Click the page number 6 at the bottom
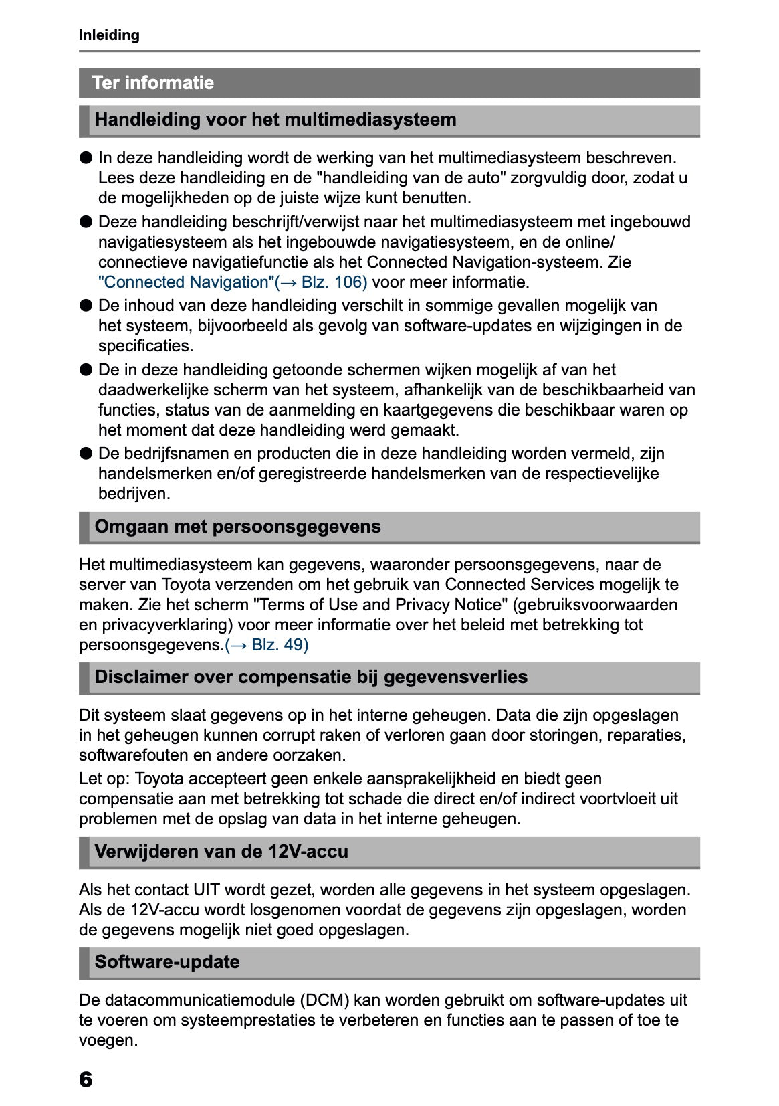[x=86, y=1079]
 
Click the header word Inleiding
[x=109, y=35]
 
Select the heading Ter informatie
[x=153, y=83]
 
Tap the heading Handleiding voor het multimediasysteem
[x=275, y=120]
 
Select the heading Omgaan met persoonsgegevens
[x=237, y=527]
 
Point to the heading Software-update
[x=167, y=962]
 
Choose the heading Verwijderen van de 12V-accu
[x=221, y=852]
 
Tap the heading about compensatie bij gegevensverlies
[x=311, y=677]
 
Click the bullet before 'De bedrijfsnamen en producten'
[x=86, y=454]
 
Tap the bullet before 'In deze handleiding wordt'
[x=86, y=158]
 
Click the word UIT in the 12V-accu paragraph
[x=207, y=890]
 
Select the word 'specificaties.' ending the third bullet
[x=146, y=346]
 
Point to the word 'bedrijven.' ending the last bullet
[x=134, y=494]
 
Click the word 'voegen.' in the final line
[x=108, y=1040]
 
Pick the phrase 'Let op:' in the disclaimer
[x=104, y=779]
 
